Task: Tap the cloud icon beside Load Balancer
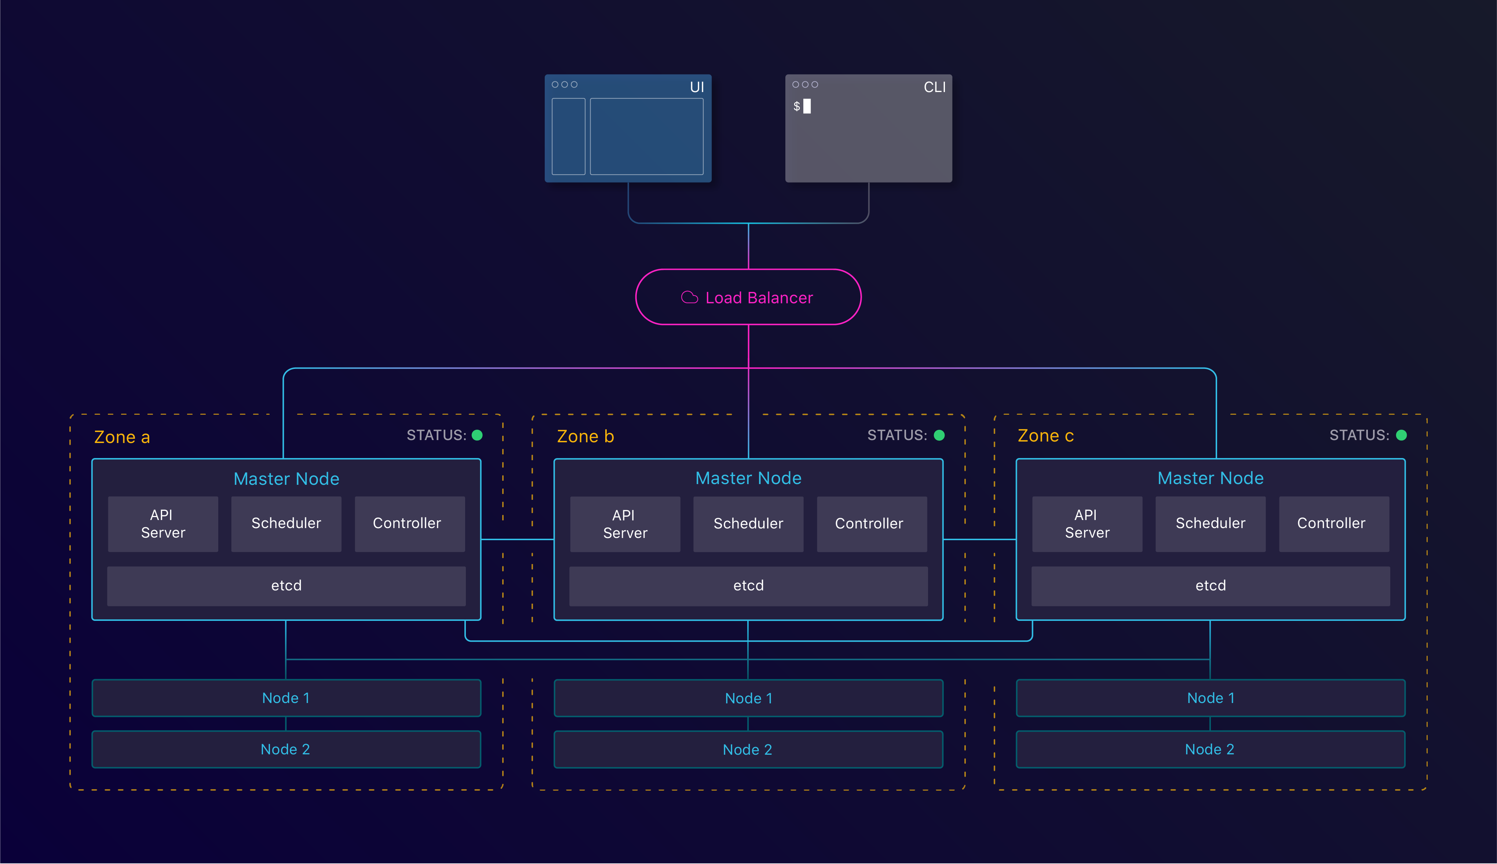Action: coord(689,297)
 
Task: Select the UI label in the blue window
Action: coord(697,87)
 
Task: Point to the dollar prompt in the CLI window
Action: coord(797,106)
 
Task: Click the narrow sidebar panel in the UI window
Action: coord(568,136)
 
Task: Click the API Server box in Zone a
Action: coord(163,524)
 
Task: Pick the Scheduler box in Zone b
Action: coord(748,524)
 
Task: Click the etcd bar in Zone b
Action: coord(748,586)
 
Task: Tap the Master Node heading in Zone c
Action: coord(1210,478)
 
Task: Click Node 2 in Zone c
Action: coord(1210,750)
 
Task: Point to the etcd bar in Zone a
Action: coord(286,586)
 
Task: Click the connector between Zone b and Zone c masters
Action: coord(979,539)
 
